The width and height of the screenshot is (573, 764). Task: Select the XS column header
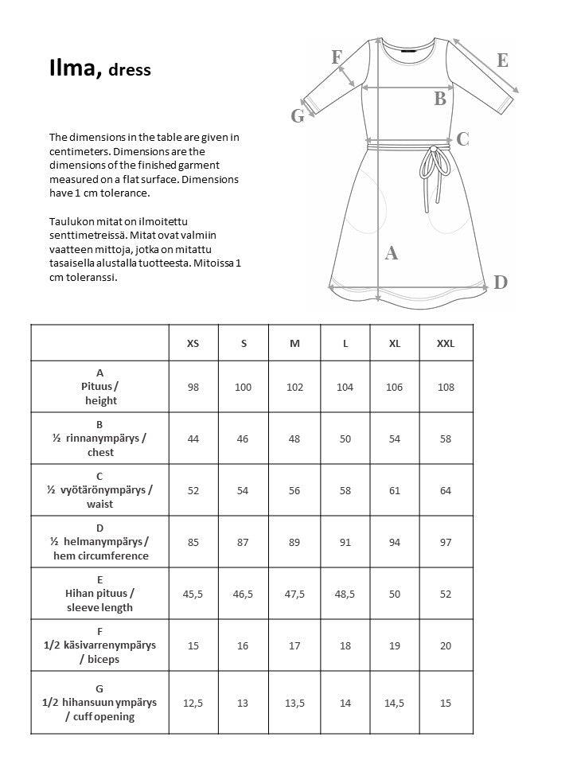(x=193, y=343)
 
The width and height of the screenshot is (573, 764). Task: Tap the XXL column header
(x=446, y=343)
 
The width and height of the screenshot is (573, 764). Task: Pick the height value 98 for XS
(x=193, y=387)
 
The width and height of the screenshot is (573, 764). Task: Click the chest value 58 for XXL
(x=446, y=439)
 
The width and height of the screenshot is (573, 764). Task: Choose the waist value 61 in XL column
(x=395, y=490)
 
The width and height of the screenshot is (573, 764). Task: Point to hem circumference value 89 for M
(x=294, y=542)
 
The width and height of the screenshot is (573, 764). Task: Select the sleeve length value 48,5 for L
(x=345, y=594)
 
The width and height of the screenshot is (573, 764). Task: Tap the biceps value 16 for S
(x=244, y=645)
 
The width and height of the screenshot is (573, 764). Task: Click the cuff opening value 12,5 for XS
(x=193, y=703)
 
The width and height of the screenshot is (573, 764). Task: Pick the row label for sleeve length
(x=99, y=594)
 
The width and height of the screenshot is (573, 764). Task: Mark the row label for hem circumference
(x=99, y=542)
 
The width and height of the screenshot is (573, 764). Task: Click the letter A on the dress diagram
(x=391, y=253)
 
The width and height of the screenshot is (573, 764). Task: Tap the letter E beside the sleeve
(x=502, y=60)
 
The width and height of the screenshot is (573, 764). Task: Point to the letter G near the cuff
(x=298, y=116)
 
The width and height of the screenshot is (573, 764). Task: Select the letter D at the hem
(x=501, y=282)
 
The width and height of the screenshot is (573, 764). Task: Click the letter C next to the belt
(x=462, y=139)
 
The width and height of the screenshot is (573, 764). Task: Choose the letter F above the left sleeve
(x=337, y=57)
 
